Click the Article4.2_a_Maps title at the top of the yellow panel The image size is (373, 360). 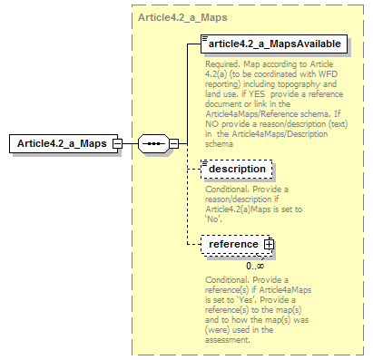tap(183, 18)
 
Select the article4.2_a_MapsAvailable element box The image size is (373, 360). tap(273, 44)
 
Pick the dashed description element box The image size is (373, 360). tap(236, 170)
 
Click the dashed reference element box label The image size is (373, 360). tap(233, 244)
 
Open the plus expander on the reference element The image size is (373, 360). tap(268, 245)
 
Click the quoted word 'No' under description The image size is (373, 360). tap(214, 218)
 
